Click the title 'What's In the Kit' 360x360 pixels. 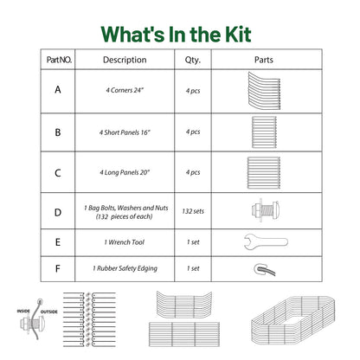pos(176,35)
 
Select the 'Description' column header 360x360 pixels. pos(125,60)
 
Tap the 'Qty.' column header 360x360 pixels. pos(193,60)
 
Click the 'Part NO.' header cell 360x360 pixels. pos(59,60)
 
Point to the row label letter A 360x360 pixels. pos(58,90)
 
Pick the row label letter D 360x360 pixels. pos(58,213)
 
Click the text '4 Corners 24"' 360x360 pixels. pos(125,90)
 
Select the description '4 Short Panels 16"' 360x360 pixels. pos(125,132)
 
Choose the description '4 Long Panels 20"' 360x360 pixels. pos(125,172)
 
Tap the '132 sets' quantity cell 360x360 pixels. pos(193,211)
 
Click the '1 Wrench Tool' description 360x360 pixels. pos(125,242)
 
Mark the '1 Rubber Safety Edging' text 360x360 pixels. pos(125,268)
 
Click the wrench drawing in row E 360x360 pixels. pos(266,241)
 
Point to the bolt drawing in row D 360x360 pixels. pos(266,210)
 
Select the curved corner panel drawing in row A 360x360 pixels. pos(264,91)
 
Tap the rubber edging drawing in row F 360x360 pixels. pos(265,269)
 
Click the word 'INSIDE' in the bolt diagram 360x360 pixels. pos(23,311)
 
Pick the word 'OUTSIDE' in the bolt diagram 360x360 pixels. pos(48,312)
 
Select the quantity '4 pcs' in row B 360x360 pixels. pos(193,132)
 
